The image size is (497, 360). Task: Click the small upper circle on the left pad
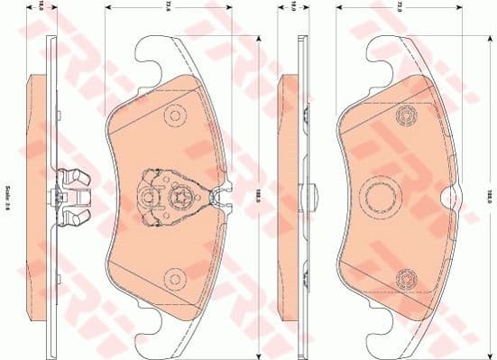click(x=173, y=116)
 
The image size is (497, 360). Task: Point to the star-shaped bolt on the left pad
click(x=182, y=199)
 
